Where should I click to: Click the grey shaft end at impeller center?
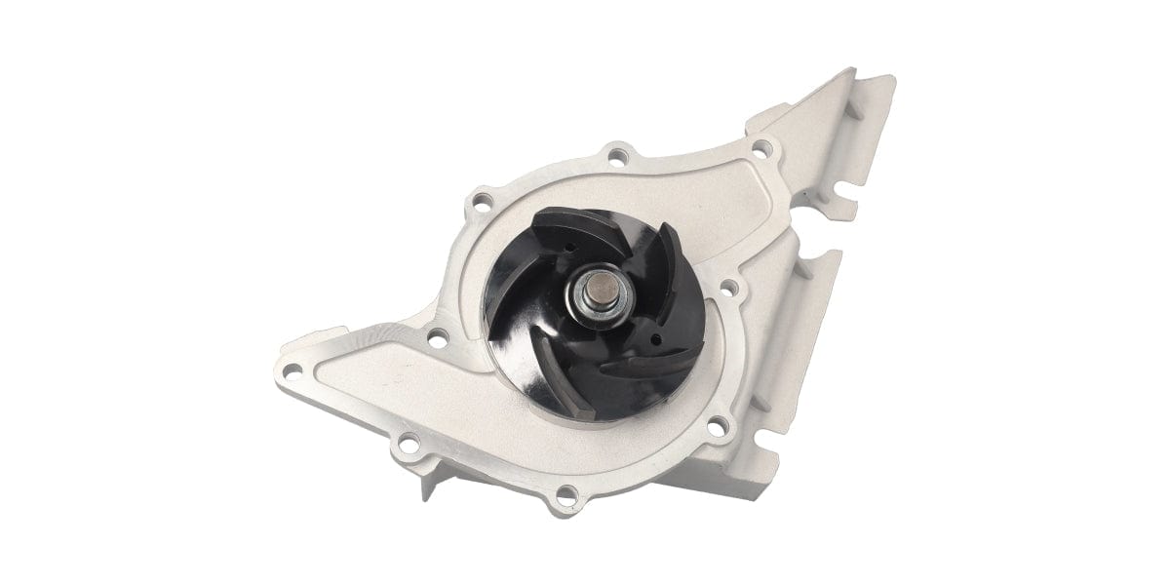point(595,292)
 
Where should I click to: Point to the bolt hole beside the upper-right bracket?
point(762,149)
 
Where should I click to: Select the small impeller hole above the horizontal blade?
point(654,338)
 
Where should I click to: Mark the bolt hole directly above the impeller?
point(616,153)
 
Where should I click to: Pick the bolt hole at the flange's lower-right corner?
point(717,424)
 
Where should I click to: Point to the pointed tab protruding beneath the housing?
point(425,483)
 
